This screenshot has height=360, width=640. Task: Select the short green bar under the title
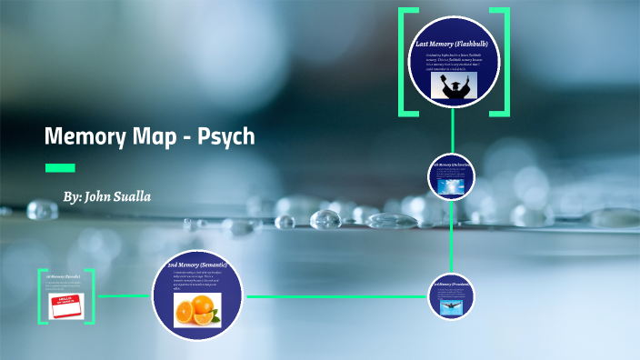60,167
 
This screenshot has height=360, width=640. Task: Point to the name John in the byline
98,196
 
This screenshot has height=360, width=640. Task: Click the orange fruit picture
197,309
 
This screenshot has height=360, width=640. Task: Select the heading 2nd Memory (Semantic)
197,265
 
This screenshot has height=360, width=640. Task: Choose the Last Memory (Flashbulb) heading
452,43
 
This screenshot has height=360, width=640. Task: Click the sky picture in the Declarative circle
452,185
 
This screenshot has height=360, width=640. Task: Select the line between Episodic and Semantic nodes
123,295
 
